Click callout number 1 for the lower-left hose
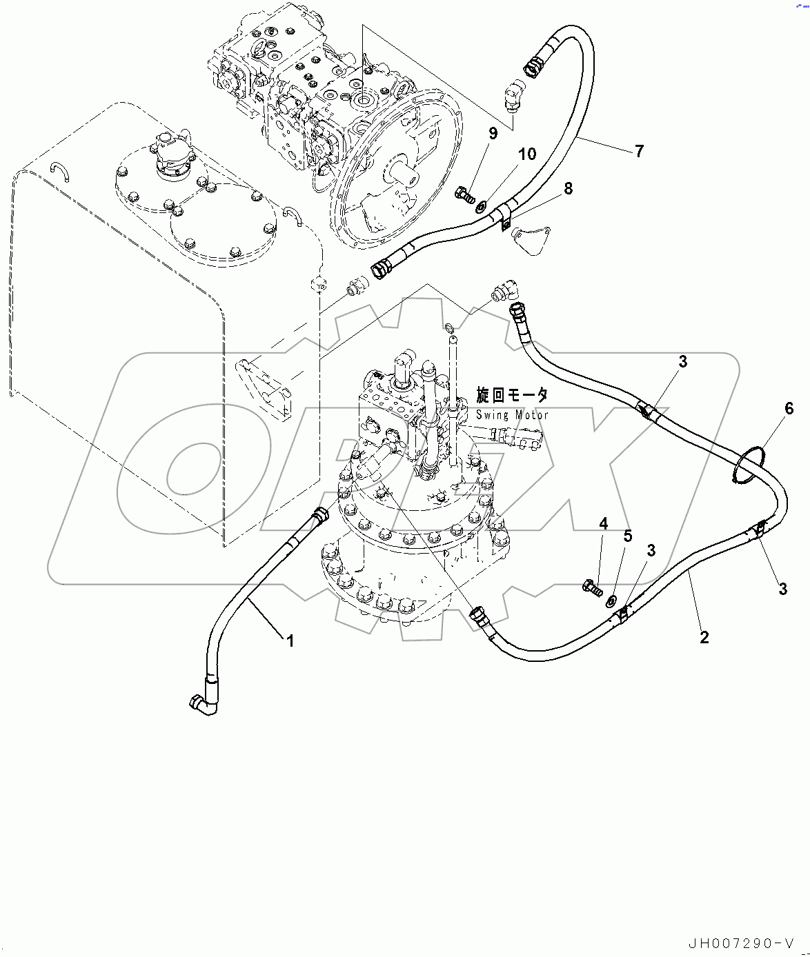point(290,641)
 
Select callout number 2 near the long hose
point(704,637)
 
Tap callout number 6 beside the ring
point(789,409)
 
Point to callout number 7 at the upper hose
point(639,151)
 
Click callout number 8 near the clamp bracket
point(568,188)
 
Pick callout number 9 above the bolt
point(493,133)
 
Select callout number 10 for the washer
point(527,154)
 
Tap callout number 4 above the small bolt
point(603,524)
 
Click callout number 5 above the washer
point(627,536)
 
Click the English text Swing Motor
point(512,415)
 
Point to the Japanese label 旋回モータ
point(512,395)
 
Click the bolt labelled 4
point(591,587)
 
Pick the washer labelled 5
point(612,601)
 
